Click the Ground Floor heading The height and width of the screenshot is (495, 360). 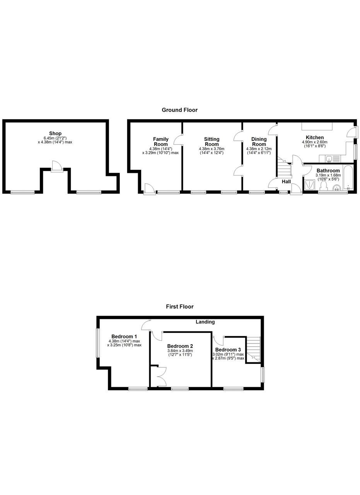click(179, 110)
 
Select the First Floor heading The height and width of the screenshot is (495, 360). click(179, 307)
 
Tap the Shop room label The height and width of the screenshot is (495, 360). click(55, 134)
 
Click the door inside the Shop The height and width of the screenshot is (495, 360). click(56, 166)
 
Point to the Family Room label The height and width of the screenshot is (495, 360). click(160, 142)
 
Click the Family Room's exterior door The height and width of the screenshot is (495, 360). click(149, 189)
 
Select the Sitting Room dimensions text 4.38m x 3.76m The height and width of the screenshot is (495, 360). click(212, 149)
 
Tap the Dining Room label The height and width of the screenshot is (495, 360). click(259, 142)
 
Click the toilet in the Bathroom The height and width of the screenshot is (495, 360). click(323, 186)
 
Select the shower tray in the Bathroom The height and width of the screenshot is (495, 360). click(310, 185)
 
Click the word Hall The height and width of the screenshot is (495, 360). click(286, 182)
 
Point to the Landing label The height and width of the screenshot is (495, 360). click(205, 322)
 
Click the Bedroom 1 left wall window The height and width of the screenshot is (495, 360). click(97, 343)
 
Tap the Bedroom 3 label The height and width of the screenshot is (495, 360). click(228, 350)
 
